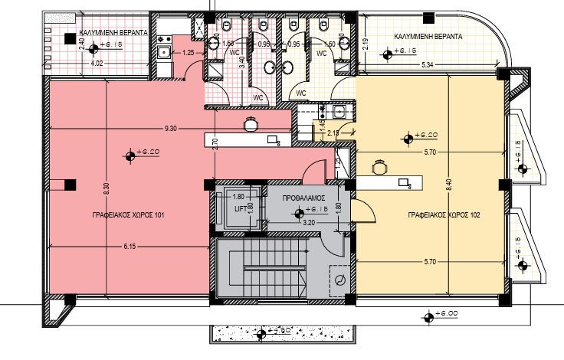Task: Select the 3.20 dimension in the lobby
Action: [308, 222]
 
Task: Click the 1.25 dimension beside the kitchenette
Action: [188, 52]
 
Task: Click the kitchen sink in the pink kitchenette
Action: [163, 53]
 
